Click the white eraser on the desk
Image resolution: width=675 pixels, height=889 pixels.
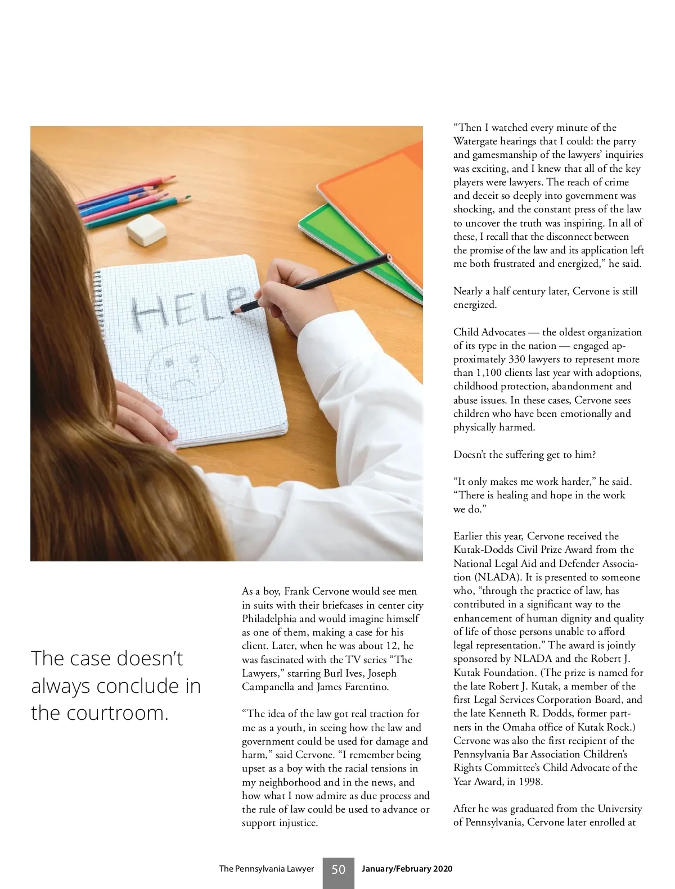(146, 229)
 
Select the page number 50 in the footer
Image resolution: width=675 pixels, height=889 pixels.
(338, 869)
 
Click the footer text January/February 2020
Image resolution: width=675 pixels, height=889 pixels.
(407, 869)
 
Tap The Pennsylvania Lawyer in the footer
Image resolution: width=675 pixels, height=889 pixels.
(266, 869)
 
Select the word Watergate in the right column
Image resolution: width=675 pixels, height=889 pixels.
(477, 141)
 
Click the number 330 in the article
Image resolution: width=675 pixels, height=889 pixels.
(517, 359)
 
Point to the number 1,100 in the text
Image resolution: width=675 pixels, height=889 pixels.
(492, 373)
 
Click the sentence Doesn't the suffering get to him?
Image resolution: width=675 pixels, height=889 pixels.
(524, 455)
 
